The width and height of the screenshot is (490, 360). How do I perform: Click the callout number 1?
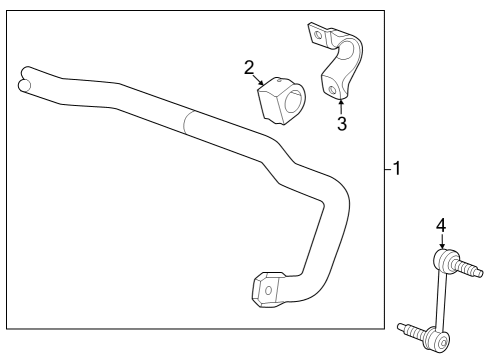click(396, 168)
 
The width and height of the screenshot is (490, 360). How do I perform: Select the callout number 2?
click(249, 68)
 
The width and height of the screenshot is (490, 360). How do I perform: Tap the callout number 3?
click(342, 124)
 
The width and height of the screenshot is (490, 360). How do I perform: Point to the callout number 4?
click(441, 226)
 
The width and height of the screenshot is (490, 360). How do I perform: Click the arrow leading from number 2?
click(258, 80)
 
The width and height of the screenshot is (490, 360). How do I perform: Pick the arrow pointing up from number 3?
click(341, 106)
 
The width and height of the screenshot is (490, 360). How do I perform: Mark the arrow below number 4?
click(442, 241)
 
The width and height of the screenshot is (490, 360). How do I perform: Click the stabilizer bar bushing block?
click(282, 101)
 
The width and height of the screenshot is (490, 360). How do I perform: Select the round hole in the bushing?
click(294, 102)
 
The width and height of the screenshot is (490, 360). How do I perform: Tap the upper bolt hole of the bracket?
click(318, 35)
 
